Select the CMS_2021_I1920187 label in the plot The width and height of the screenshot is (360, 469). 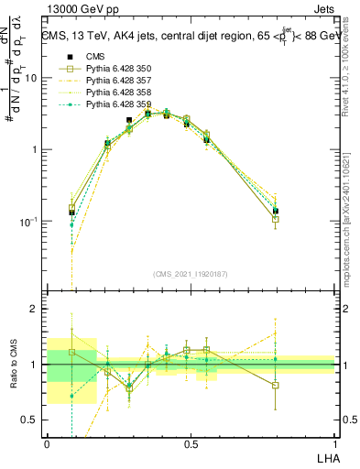[190, 272]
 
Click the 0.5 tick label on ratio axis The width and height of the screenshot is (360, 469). [30, 420]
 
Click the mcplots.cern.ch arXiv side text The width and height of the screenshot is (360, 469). [351, 229]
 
